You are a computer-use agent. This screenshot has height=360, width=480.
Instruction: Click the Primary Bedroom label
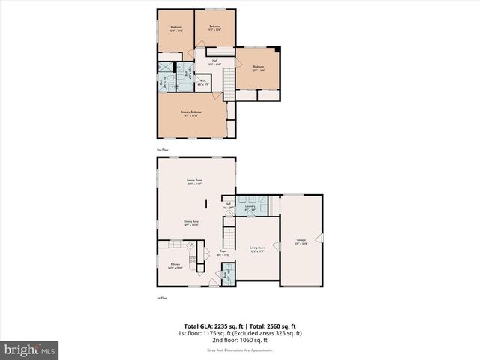point(190,113)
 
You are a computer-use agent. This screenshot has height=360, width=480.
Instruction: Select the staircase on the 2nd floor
point(228,79)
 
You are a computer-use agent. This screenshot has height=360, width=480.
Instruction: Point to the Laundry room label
point(250,209)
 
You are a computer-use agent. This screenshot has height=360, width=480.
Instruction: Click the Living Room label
point(258,248)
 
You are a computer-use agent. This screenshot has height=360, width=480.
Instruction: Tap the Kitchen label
point(175,265)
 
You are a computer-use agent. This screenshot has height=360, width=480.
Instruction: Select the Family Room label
point(196,181)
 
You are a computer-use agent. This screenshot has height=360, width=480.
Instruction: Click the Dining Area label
point(191,223)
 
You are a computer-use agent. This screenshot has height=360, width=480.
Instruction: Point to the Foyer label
point(223,253)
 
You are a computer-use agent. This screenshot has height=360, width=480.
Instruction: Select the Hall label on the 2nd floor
point(214,61)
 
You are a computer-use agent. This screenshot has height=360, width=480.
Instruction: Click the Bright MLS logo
point(30,349)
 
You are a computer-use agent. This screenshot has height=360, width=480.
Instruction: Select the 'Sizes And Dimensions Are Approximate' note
point(240,350)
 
